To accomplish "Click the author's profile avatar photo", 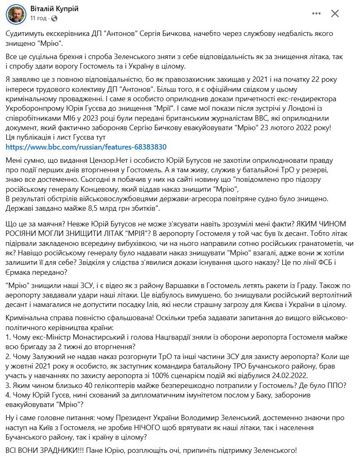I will pos(15,14).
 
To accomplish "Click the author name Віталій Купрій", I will pos(54,9).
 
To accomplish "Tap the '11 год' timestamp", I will pos(38,19).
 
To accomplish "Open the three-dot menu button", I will pos(317,14).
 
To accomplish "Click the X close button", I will pos(335,14).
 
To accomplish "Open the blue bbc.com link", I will pos(86,147).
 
